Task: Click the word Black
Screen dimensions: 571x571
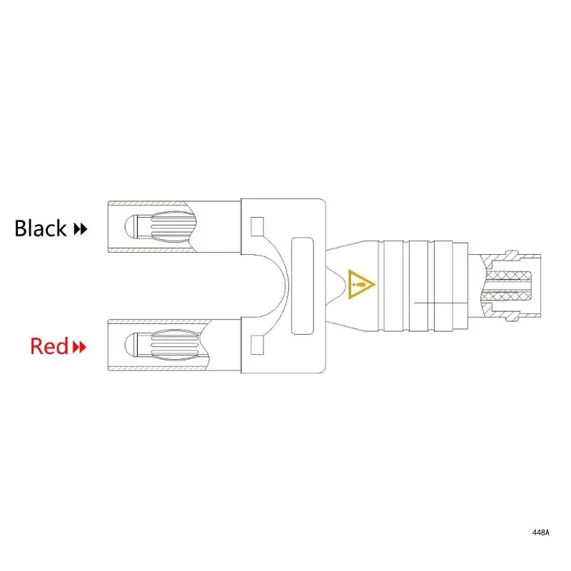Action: tap(41, 228)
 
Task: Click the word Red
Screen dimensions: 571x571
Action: tap(49, 347)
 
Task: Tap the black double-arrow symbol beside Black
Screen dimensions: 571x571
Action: tap(81, 230)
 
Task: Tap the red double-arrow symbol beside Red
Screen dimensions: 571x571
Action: tap(79, 348)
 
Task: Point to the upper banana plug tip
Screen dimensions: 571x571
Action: tap(130, 228)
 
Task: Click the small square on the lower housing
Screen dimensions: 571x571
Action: tap(258, 346)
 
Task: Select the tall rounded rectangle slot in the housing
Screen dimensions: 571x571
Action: tap(303, 286)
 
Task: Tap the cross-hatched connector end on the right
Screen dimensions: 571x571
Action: tap(511, 286)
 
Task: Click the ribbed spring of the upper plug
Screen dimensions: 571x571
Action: tap(171, 228)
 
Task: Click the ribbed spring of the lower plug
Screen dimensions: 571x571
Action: tap(171, 345)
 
